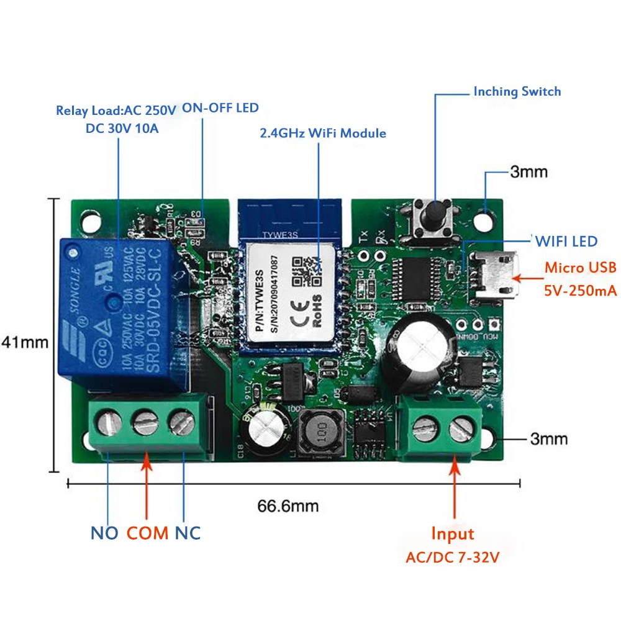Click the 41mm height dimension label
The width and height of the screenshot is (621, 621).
pyautogui.click(x=24, y=342)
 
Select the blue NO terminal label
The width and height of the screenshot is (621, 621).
pyautogui.click(x=104, y=533)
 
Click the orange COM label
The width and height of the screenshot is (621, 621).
pyautogui.click(x=148, y=533)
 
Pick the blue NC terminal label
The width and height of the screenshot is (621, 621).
pyautogui.click(x=187, y=533)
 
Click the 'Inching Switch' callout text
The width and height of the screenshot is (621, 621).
pyautogui.click(x=517, y=92)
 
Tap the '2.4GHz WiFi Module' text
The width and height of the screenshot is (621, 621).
pyautogui.click(x=322, y=134)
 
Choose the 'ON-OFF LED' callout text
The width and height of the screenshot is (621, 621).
pyautogui.click(x=220, y=108)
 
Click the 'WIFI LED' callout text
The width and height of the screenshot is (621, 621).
pyautogui.click(x=566, y=241)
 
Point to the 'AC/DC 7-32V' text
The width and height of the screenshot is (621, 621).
pyautogui.click(x=453, y=558)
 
